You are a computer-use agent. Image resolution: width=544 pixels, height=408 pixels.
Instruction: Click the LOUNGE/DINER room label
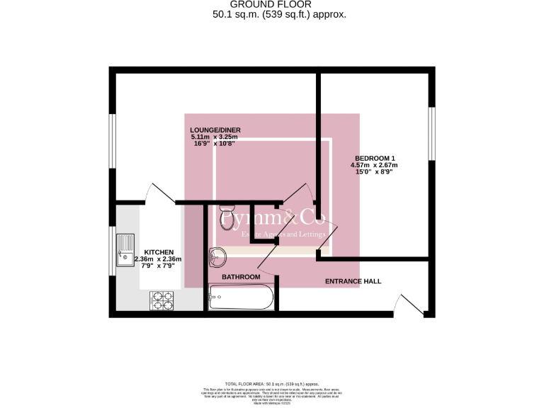click(x=215, y=130)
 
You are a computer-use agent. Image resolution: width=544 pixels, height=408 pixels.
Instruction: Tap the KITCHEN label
click(x=158, y=251)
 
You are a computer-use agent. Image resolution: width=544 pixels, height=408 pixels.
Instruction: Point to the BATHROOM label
click(x=241, y=276)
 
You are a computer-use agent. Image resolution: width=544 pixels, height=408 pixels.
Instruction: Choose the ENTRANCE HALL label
click(x=353, y=281)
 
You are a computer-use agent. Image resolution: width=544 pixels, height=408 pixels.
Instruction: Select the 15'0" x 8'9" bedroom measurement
click(x=373, y=172)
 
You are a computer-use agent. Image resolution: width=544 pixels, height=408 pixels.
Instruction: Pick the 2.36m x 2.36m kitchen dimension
click(x=158, y=259)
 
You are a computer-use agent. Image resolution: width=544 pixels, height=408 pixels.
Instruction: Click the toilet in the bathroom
click(x=228, y=217)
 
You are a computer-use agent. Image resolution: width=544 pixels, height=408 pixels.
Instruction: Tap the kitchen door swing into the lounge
click(x=157, y=193)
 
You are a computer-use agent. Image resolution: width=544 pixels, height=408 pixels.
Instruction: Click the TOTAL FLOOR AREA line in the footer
click(x=271, y=381)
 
